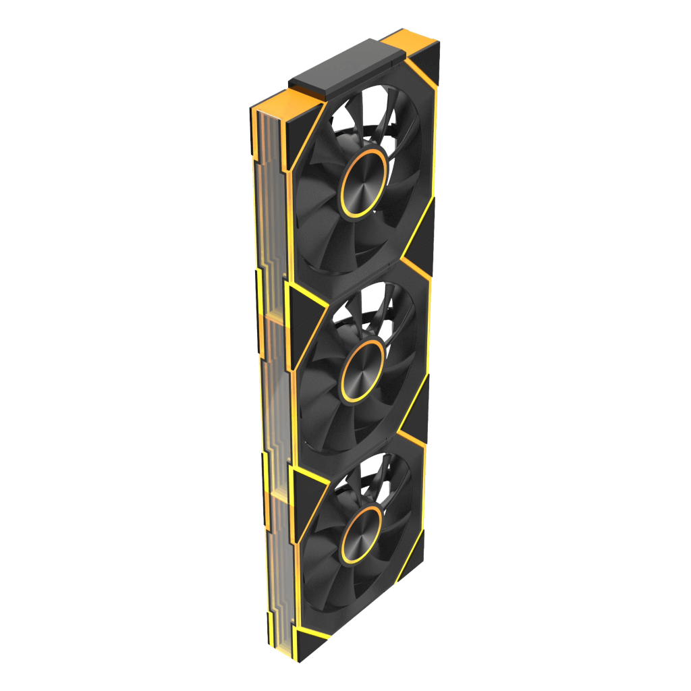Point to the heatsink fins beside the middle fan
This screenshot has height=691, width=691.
(273, 378)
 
